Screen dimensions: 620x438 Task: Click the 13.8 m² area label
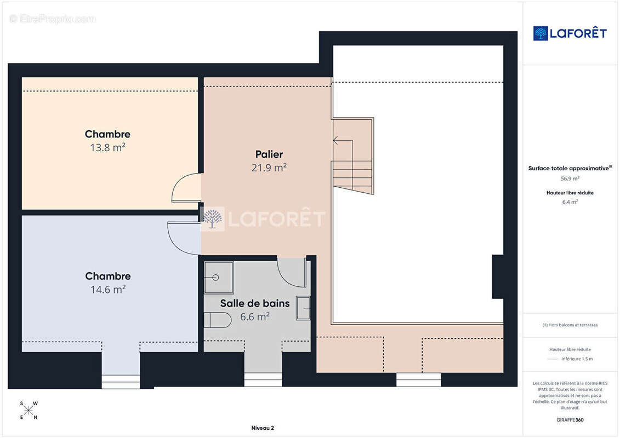(107, 148)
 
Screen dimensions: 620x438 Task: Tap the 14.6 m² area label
(108, 290)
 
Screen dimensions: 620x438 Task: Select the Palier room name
(269, 154)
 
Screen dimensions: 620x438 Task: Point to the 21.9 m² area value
(269, 168)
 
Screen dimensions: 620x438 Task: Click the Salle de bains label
(255, 303)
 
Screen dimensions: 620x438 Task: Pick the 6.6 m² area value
(255, 317)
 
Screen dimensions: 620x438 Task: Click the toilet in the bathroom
(218, 320)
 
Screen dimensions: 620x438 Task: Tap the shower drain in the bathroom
(215, 278)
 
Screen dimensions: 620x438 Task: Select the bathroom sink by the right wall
(303, 308)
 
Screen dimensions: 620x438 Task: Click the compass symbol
(29, 411)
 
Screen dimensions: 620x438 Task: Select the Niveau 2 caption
(263, 428)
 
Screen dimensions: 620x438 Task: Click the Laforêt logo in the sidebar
(570, 33)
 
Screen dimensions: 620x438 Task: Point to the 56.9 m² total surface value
(570, 178)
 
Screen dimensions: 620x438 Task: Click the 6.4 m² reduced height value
(570, 202)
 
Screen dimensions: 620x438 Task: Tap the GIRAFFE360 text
(570, 420)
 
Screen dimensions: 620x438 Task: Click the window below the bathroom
(263, 379)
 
